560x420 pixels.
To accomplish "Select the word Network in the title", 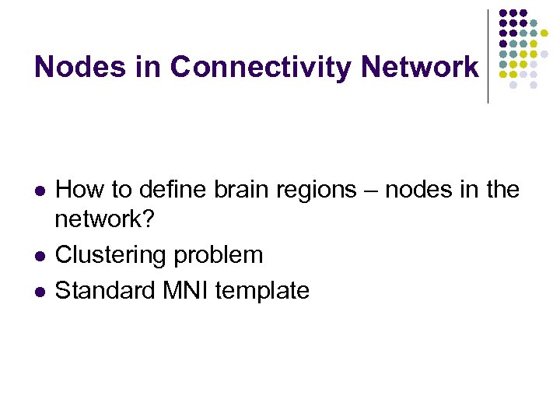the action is [x=420, y=68].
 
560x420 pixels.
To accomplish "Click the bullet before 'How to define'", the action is [x=40, y=190].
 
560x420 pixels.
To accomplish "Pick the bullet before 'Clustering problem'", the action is [x=40, y=257].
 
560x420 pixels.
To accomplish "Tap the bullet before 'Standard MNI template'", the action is [x=40, y=292].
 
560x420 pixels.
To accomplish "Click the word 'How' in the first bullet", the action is [x=76, y=188].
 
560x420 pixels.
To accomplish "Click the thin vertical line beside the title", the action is [x=488, y=56].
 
